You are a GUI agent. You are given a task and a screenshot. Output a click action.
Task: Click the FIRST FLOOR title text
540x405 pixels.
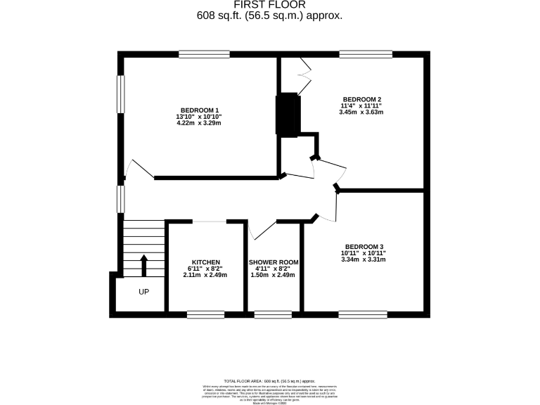click(x=269, y=4)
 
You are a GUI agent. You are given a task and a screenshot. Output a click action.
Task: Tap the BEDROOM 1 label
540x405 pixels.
click(x=199, y=110)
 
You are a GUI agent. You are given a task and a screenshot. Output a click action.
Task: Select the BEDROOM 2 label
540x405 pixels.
click(x=361, y=99)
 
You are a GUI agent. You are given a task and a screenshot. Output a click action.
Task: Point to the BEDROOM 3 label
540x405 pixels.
click(x=363, y=246)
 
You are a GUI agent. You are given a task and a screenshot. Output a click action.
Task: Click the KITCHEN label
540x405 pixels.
click(x=206, y=262)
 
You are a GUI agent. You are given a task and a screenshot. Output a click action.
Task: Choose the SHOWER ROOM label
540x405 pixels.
click(x=274, y=262)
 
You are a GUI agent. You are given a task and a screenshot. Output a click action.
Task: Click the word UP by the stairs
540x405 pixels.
click(x=143, y=291)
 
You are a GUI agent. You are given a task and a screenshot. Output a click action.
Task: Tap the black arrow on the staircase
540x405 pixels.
click(x=144, y=266)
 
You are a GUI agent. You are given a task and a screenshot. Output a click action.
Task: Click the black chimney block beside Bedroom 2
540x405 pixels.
click(x=288, y=114)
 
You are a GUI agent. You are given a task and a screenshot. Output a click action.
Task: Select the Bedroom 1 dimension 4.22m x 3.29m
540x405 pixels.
click(x=199, y=123)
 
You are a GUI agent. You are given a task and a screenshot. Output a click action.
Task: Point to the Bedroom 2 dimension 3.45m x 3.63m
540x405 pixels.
click(x=361, y=112)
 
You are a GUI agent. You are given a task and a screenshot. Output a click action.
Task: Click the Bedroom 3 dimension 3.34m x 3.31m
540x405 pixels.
click(x=363, y=259)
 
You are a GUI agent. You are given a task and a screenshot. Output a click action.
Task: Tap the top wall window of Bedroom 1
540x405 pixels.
click(x=204, y=53)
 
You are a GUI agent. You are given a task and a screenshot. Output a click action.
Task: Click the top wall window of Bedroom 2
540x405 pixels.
click(x=366, y=53)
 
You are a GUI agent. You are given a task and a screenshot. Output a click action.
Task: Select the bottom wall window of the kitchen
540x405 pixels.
click(x=205, y=314)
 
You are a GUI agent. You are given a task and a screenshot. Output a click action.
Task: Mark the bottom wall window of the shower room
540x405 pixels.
click(x=273, y=314)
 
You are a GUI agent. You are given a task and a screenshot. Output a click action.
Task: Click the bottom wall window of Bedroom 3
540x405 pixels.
click(x=363, y=314)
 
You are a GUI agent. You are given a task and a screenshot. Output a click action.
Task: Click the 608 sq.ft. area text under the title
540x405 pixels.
click(x=269, y=15)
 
